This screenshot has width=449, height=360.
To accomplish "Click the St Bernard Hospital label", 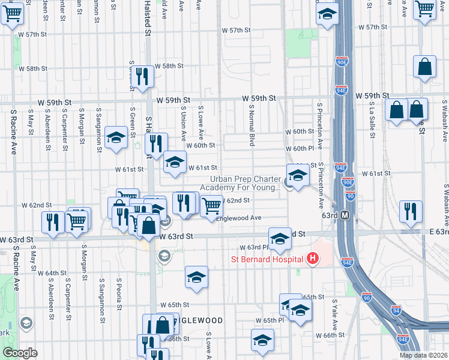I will pos(268,259).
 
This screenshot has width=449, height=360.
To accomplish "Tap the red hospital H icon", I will pos(312,259).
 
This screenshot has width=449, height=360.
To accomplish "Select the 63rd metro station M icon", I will pos(345,215).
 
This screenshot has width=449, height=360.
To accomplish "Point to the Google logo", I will pos(20,353).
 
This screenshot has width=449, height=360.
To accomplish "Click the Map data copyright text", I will pos(423,355).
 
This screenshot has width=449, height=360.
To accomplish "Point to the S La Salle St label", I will pos(372,119).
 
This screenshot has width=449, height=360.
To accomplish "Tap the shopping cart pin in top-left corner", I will pos(13,12).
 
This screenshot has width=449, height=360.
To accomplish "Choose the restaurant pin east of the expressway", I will pos(411,212).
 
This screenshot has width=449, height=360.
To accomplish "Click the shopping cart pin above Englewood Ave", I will pos(211,206).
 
